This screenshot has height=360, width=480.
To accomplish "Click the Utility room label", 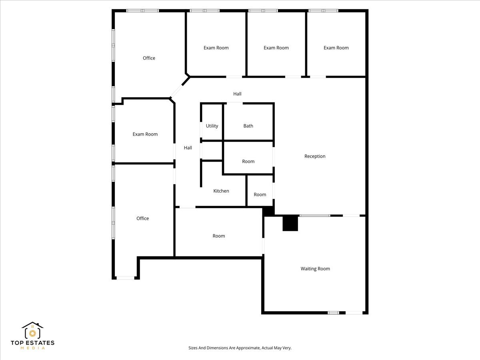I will click(212, 126).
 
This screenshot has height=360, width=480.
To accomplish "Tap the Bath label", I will click(248, 126).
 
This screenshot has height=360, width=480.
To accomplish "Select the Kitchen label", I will click(221, 191).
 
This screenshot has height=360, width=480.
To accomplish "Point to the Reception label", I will click(315, 156).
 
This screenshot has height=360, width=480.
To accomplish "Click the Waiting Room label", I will click(315, 269).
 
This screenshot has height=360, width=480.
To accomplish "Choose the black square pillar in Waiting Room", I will click(290, 223).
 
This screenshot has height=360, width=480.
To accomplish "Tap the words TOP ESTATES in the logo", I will click(32, 343).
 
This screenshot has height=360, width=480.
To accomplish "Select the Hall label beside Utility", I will click(188, 148).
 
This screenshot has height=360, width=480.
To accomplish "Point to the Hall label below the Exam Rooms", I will click(238, 94).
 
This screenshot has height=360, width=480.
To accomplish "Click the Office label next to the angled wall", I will click(149, 58).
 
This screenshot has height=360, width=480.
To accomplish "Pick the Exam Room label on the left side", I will click(145, 134).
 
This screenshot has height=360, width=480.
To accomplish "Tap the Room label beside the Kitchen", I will click(260, 195).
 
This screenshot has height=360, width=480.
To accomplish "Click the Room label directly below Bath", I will click(248, 162).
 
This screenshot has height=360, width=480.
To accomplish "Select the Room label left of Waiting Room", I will click(219, 236).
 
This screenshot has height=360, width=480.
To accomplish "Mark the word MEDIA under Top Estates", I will click(32, 348).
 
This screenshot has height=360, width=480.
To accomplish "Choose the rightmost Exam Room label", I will click(336, 48).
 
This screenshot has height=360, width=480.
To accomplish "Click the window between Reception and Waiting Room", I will click(315, 216).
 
